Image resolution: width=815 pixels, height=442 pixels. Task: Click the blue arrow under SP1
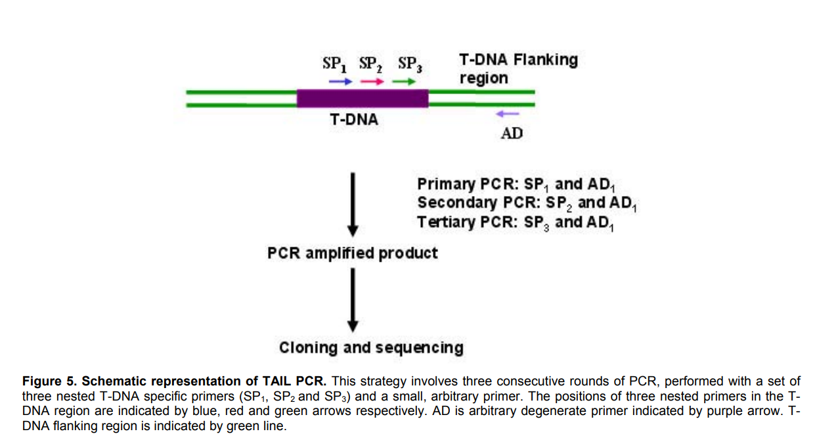(x=340, y=81)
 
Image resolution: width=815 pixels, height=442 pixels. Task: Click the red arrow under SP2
(x=372, y=81)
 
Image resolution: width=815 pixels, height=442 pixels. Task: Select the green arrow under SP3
(x=403, y=81)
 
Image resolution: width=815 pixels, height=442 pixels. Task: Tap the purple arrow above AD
(x=507, y=114)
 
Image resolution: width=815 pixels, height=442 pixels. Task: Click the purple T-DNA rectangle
(x=363, y=98)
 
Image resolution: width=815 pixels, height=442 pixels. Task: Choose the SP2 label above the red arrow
(x=371, y=64)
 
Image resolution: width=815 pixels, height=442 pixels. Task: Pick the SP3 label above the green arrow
(x=410, y=64)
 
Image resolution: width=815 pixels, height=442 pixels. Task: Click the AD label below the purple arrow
(x=512, y=134)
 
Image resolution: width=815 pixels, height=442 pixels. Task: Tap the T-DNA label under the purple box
(x=354, y=121)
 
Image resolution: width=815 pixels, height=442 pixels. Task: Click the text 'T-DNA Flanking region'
(x=518, y=68)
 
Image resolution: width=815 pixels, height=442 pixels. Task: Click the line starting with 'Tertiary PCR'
(x=516, y=222)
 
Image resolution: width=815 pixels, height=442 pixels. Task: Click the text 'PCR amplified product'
(x=353, y=253)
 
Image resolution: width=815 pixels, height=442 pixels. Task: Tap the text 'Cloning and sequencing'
(x=371, y=347)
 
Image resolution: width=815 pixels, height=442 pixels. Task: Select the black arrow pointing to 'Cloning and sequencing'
(x=353, y=299)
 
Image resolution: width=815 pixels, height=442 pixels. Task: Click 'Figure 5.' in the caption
(x=50, y=381)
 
